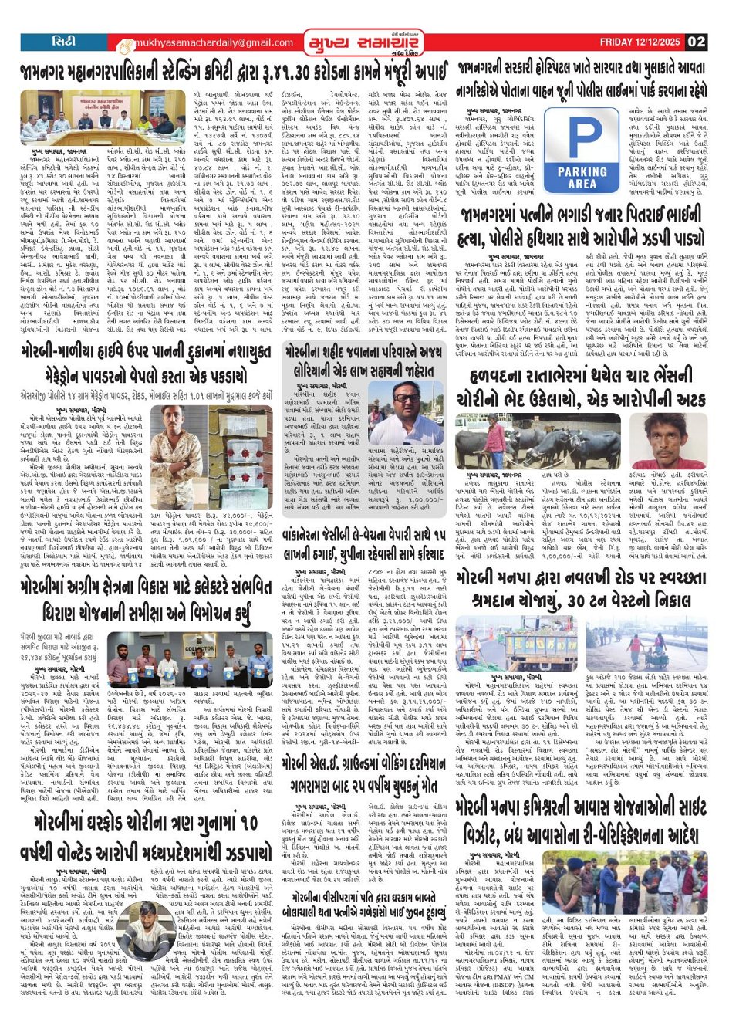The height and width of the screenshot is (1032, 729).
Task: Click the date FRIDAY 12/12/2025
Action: [641, 42]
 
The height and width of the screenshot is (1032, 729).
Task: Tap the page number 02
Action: [697, 42]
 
